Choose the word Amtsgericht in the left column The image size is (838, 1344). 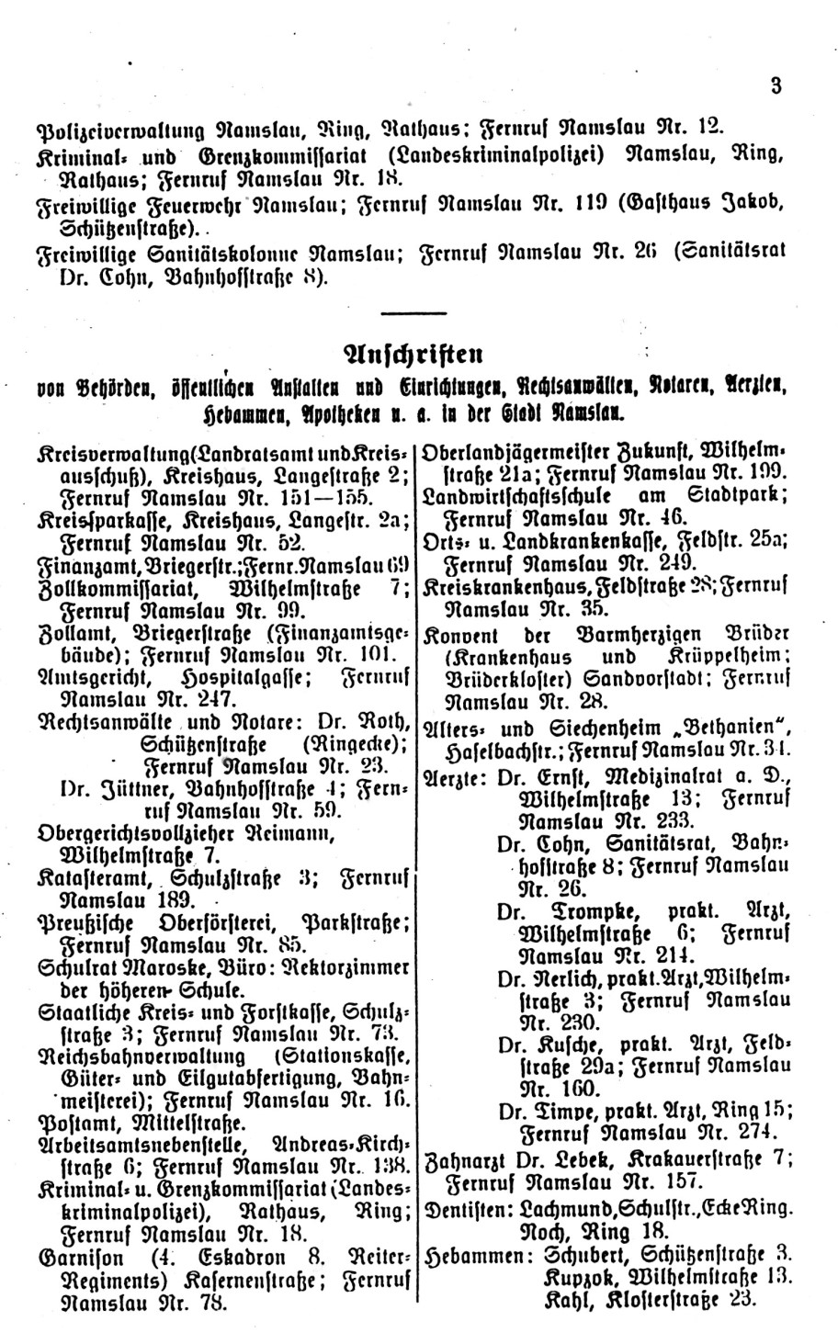[x=87, y=677]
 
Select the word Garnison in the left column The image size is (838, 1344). [x=79, y=1256]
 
